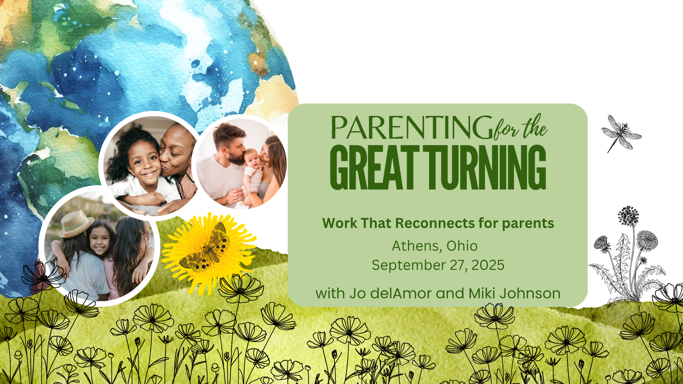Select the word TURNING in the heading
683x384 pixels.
(487, 167)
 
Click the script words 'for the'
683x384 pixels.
(520, 127)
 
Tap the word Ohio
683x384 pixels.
(462, 246)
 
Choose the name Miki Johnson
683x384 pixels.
(514, 293)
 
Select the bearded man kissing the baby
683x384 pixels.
(224, 164)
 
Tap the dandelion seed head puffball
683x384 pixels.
(628, 216)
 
